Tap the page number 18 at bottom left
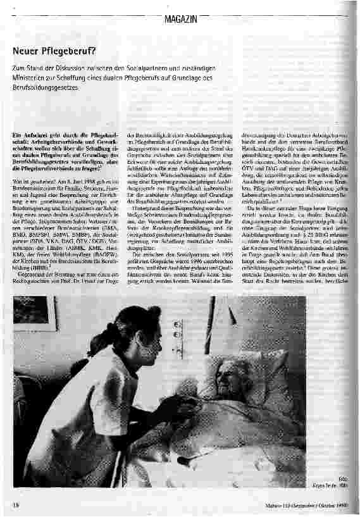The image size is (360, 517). pos(15,504)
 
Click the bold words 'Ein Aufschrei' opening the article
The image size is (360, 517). pos(32,135)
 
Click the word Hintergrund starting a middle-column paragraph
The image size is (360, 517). pos(146,225)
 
